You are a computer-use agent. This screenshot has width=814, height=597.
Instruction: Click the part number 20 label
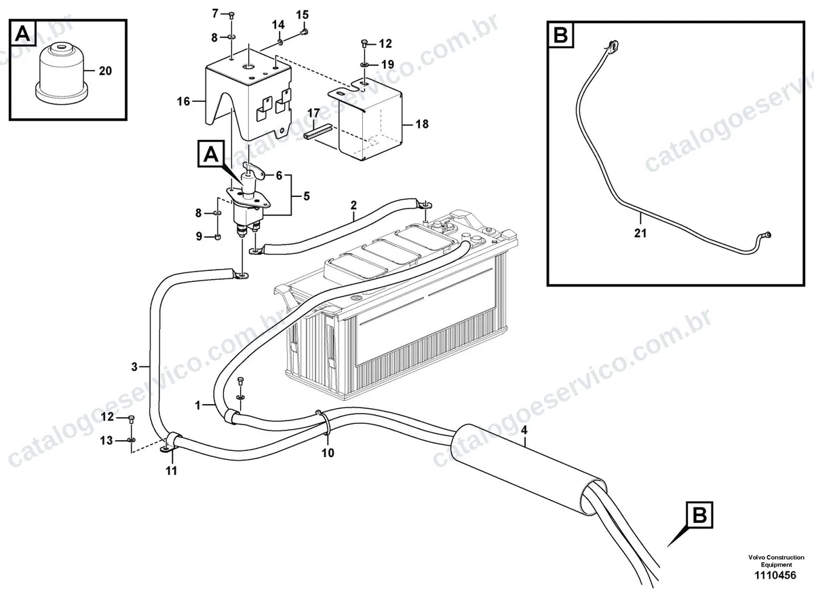105,71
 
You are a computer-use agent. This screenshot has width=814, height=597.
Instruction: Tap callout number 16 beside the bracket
184,101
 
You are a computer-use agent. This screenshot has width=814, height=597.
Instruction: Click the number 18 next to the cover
422,124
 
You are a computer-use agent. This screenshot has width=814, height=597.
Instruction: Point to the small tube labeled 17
318,132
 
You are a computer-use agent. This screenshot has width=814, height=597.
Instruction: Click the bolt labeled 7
231,14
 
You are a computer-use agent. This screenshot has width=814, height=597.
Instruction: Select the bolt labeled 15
305,32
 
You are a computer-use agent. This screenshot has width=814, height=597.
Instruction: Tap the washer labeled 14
281,42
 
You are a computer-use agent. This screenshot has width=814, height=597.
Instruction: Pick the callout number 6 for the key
279,176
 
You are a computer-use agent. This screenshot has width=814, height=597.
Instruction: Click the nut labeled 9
218,237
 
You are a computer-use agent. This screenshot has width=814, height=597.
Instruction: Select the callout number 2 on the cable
353,205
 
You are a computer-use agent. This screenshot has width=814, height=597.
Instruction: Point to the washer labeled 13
131,441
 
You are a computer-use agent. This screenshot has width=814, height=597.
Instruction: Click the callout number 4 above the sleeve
524,430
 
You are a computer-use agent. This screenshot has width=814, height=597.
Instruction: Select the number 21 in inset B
640,233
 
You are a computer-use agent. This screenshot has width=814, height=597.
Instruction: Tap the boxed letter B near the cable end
699,515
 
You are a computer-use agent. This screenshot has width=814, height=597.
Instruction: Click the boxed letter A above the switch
211,154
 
